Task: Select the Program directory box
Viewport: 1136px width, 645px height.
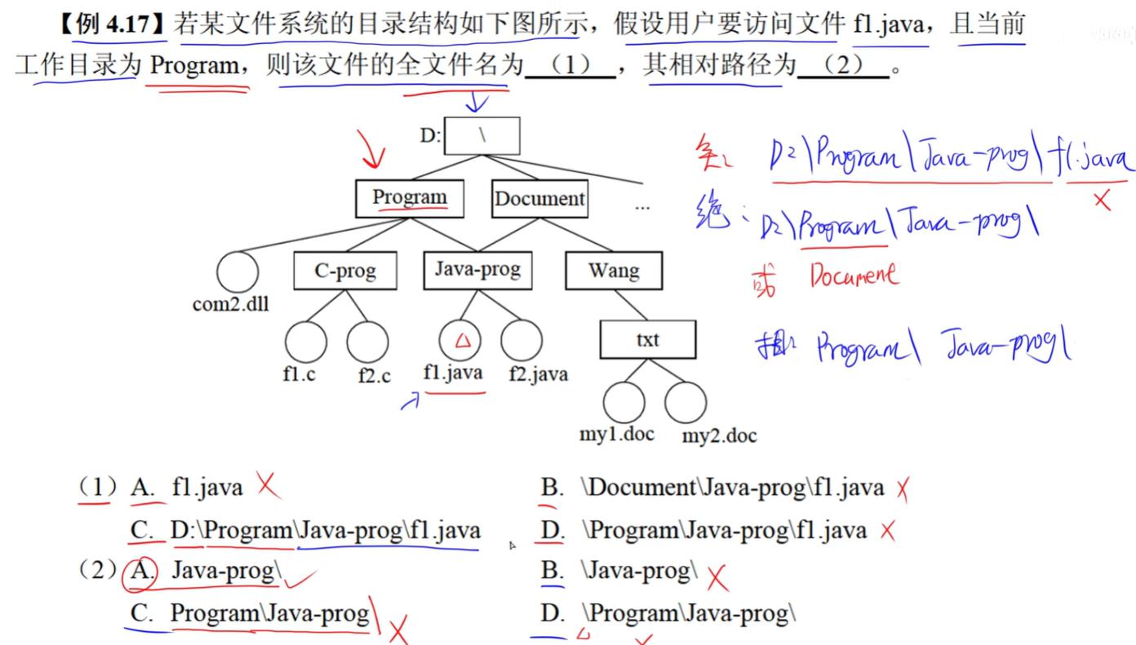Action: point(410,198)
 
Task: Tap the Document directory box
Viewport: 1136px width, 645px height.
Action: point(539,199)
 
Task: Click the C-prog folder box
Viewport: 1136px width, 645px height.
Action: point(345,271)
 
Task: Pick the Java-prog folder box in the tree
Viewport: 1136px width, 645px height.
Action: point(477,270)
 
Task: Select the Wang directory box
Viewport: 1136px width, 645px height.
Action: point(614,271)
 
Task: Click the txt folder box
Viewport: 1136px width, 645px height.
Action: point(648,339)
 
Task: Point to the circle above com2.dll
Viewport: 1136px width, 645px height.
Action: point(237,272)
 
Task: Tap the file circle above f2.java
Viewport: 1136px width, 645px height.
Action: point(521,342)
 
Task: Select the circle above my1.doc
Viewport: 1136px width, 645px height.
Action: point(624,402)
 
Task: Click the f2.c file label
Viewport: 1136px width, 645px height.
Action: point(374,377)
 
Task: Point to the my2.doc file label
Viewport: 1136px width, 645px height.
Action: point(719,435)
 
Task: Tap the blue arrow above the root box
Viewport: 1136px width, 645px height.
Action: point(477,102)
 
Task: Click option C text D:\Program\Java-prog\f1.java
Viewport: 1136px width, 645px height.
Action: point(325,531)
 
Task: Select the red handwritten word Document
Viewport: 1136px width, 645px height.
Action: point(854,275)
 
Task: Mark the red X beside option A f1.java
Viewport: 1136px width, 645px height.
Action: point(268,485)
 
